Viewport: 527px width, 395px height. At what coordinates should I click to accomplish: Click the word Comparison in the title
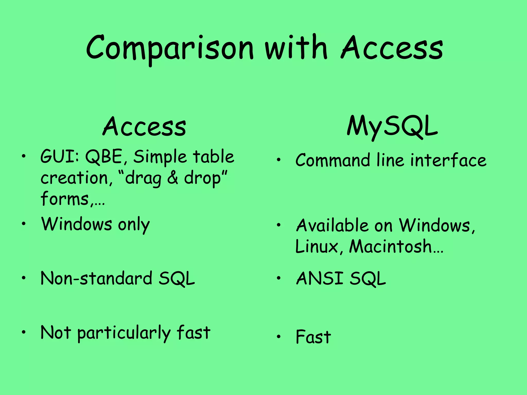[170, 49]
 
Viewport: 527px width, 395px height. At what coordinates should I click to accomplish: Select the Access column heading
[144, 127]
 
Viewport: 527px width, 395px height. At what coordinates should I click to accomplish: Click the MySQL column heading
[392, 127]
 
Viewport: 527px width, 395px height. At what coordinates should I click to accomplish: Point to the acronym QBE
[104, 157]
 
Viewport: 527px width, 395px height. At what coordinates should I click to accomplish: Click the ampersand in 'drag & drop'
[172, 178]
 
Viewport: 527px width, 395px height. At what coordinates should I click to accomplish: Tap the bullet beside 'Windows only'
[24, 223]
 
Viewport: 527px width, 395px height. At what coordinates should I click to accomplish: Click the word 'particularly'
[124, 333]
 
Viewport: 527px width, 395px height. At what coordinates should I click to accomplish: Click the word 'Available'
[332, 226]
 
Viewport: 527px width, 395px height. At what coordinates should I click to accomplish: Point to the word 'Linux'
[317, 247]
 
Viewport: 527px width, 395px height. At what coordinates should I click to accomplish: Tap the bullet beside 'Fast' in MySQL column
[278, 337]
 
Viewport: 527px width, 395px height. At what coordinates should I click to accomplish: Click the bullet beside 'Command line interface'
[278, 160]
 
